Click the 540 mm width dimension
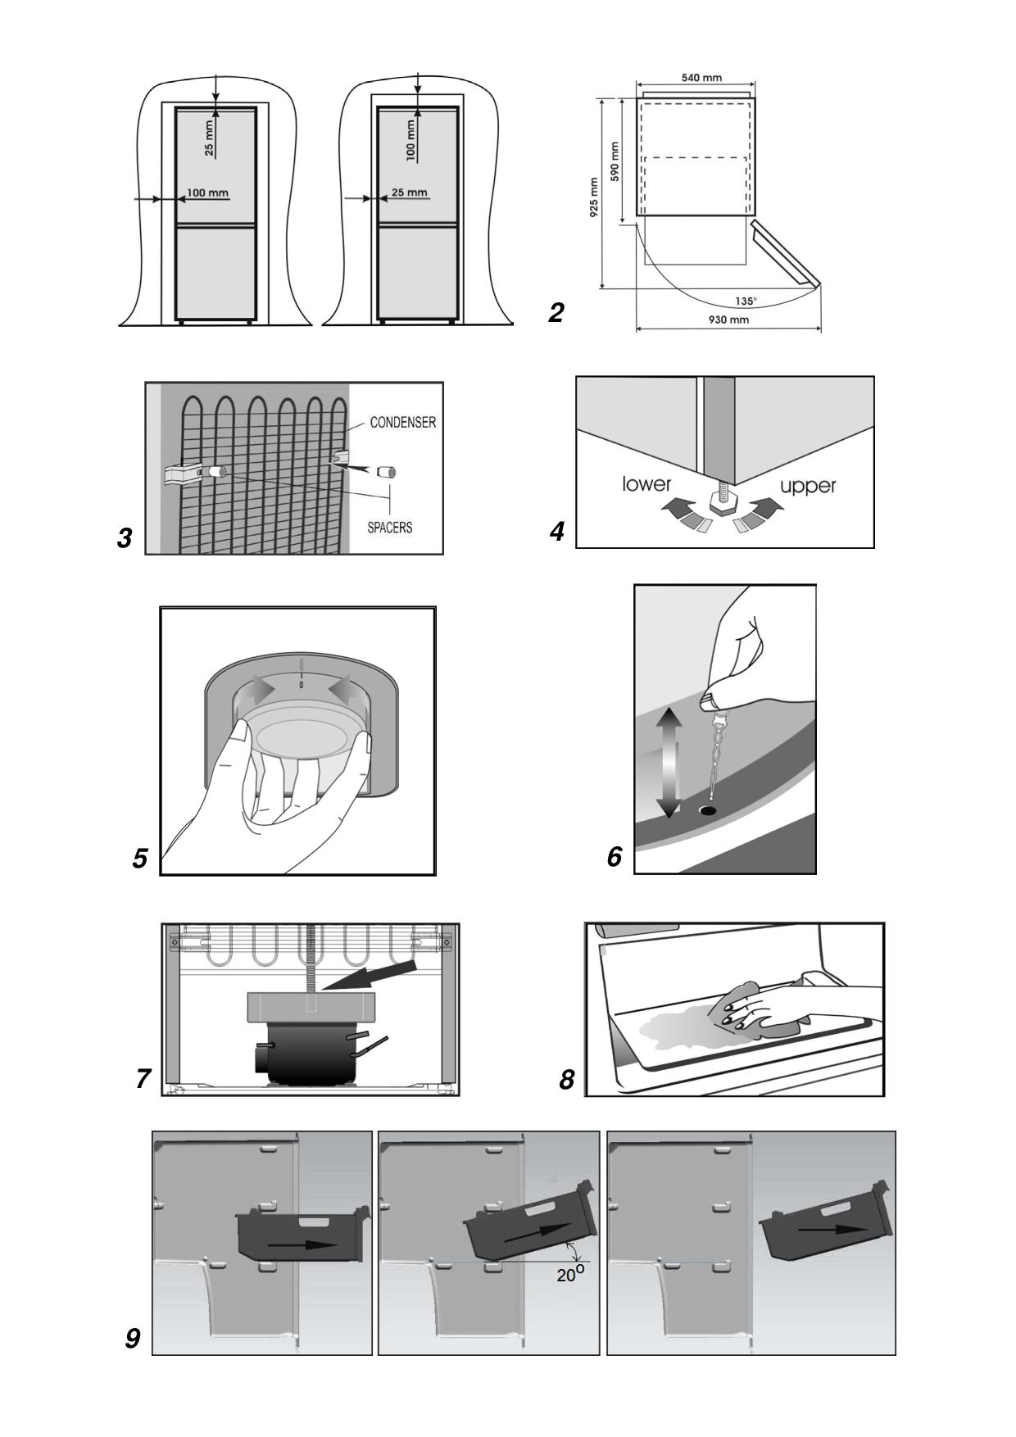pyautogui.click(x=701, y=78)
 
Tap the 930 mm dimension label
pyautogui.click(x=728, y=320)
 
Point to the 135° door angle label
pyautogui.click(x=745, y=301)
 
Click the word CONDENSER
pyautogui.click(x=403, y=423)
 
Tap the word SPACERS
pyautogui.click(x=389, y=527)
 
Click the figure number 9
pyautogui.click(x=133, y=1338)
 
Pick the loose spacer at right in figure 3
pyautogui.click(x=385, y=473)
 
